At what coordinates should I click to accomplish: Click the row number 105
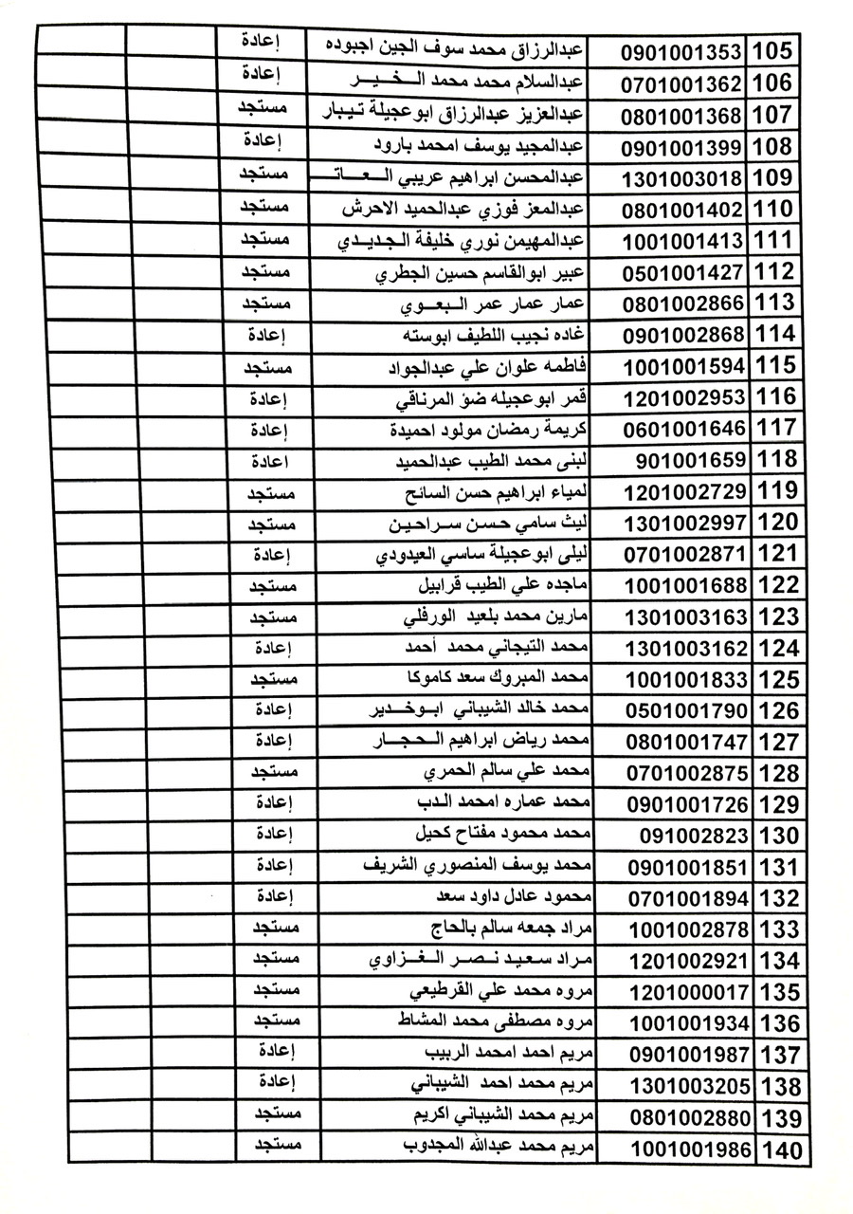tap(779, 50)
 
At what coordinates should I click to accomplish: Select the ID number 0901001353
tap(682, 51)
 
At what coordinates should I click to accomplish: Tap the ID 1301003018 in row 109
tap(683, 177)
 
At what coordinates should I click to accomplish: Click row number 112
tap(779, 273)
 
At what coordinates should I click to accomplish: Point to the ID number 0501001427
tap(683, 273)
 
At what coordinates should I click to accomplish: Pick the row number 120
tap(779, 524)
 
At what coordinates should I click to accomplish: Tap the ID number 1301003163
tap(686, 618)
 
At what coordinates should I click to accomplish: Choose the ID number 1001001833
tap(687, 681)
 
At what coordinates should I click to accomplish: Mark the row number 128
tap(779, 774)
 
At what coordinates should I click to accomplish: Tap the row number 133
tap(779, 929)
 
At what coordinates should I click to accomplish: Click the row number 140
tap(781, 1151)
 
